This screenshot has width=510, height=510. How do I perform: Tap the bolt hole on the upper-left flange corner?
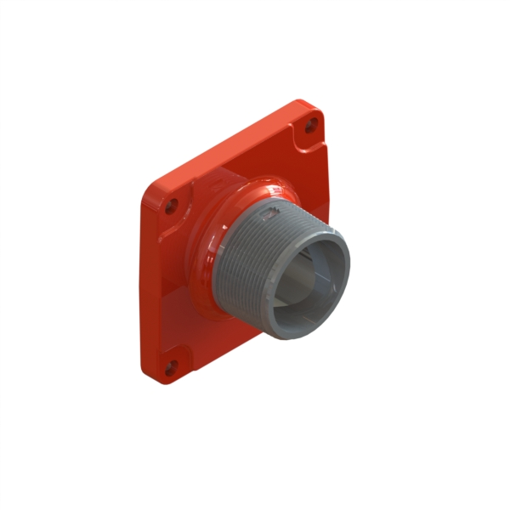(173, 205)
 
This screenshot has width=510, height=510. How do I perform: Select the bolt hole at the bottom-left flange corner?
(170, 367)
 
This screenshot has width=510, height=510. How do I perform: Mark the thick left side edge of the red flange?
(144, 280)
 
